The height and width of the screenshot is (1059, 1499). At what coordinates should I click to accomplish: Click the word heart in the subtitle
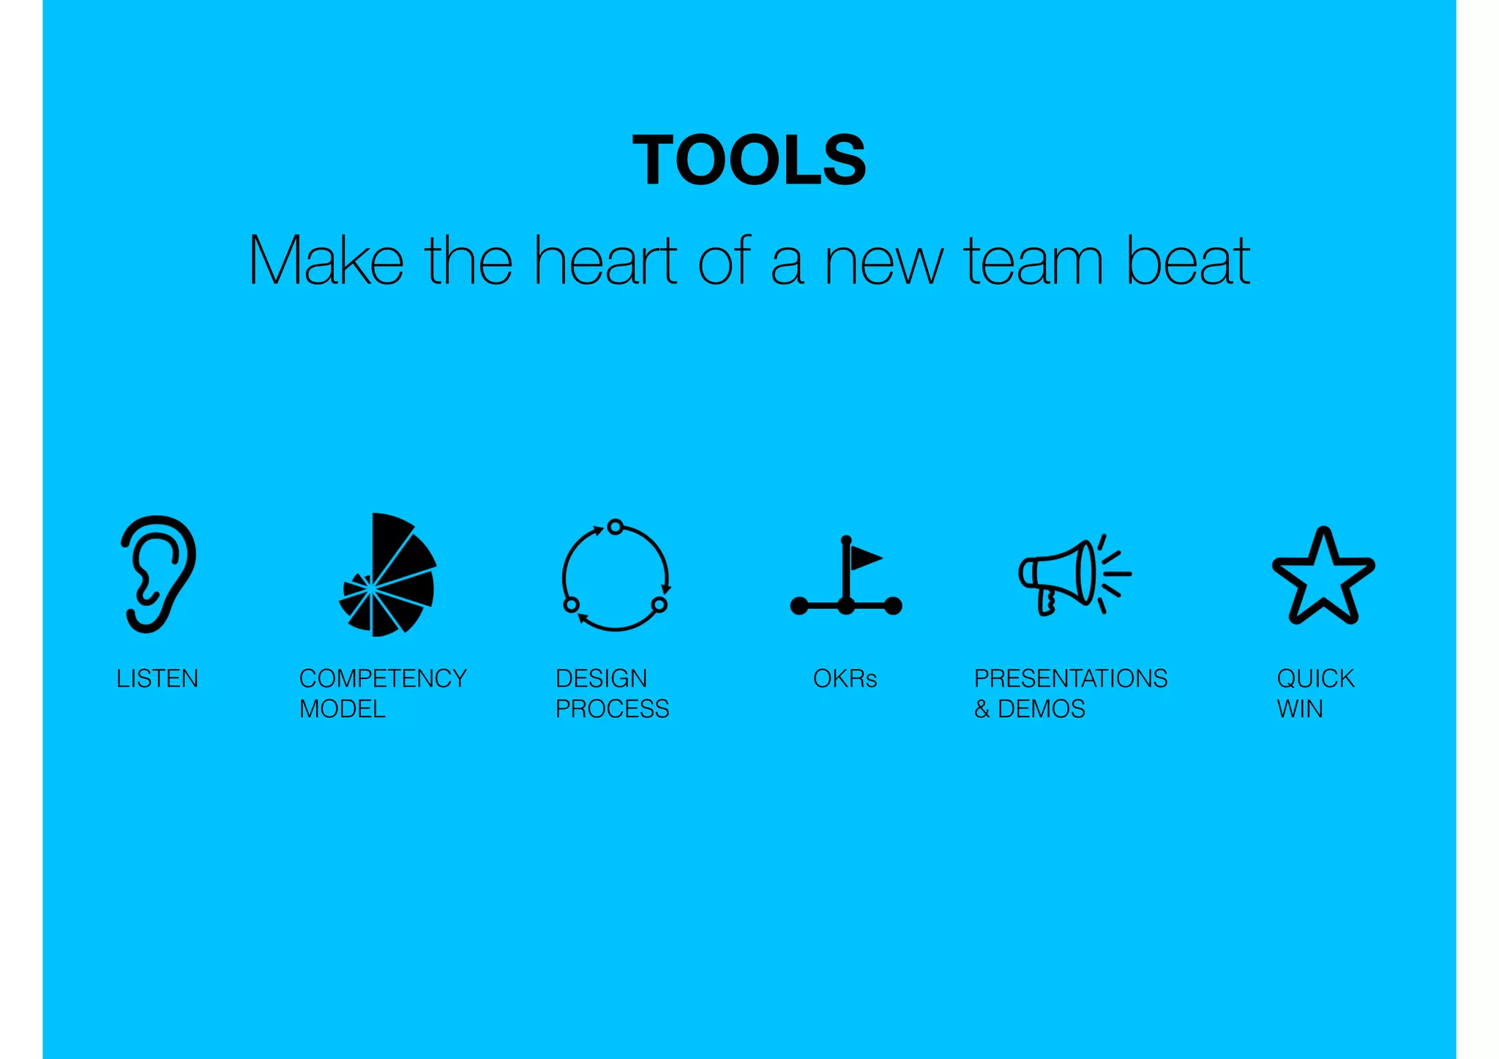pyautogui.click(x=605, y=261)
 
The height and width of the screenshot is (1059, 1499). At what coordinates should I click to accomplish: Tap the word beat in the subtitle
pyautogui.click(x=1187, y=261)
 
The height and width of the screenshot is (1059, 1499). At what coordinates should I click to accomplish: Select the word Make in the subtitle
pyautogui.click(x=326, y=261)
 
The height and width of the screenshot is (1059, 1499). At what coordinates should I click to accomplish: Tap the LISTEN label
pyautogui.click(x=157, y=678)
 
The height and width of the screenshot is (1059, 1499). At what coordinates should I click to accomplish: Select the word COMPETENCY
pyautogui.click(x=383, y=678)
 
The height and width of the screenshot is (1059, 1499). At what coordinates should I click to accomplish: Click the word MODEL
pyautogui.click(x=343, y=708)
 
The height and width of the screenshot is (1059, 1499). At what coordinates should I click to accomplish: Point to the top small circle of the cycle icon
pyautogui.click(x=616, y=526)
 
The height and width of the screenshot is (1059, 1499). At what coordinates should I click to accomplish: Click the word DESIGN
pyautogui.click(x=601, y=678)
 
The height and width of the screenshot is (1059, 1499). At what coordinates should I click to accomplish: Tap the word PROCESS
pyautogui.click(x=613, y=708)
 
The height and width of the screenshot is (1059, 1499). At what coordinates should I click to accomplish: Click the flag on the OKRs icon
pyautogui.click(x=864, y=558)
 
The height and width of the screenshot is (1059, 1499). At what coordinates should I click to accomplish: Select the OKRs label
pyautogui.click(x=845, y=678)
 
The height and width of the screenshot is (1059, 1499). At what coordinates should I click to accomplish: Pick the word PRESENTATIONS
pyautogui.click(x=1070, y=678)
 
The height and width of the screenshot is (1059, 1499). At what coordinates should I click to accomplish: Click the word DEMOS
pyautogui.click(x=1042, y=708)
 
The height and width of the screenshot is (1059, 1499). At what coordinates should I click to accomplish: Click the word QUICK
pyautogui.click(x=1315, y=678)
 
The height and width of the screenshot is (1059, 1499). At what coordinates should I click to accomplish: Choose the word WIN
pyautogui.click(x=1300, y=708)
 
